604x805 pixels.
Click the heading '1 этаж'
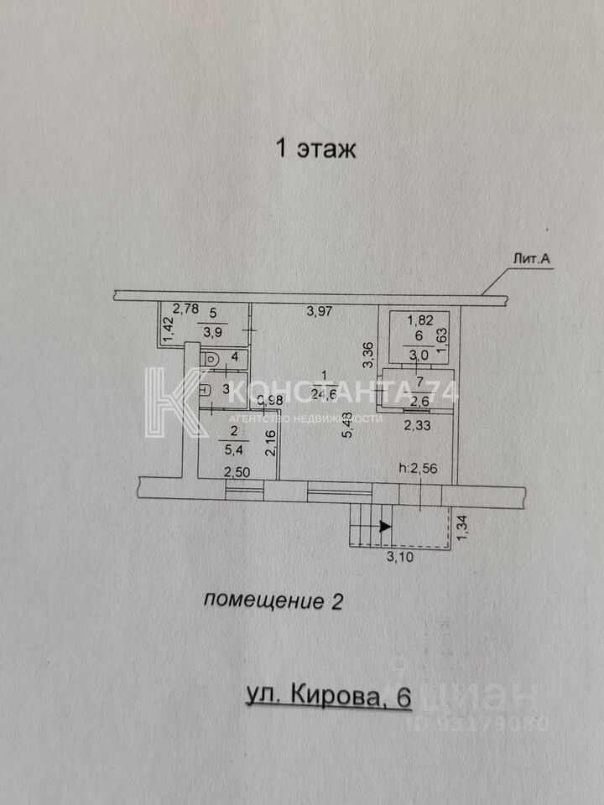(x=316, y=149)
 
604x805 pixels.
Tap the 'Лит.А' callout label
(x=531, y=260)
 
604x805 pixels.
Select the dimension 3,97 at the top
(x=320, y=312)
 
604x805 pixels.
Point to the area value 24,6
(x=325, y=392)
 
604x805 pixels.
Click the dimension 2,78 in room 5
(x=185, y=309)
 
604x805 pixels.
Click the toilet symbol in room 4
(x=211, y=358)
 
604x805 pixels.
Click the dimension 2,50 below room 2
(x=237, y=473)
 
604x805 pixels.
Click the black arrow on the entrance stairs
(x=384, y=527)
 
